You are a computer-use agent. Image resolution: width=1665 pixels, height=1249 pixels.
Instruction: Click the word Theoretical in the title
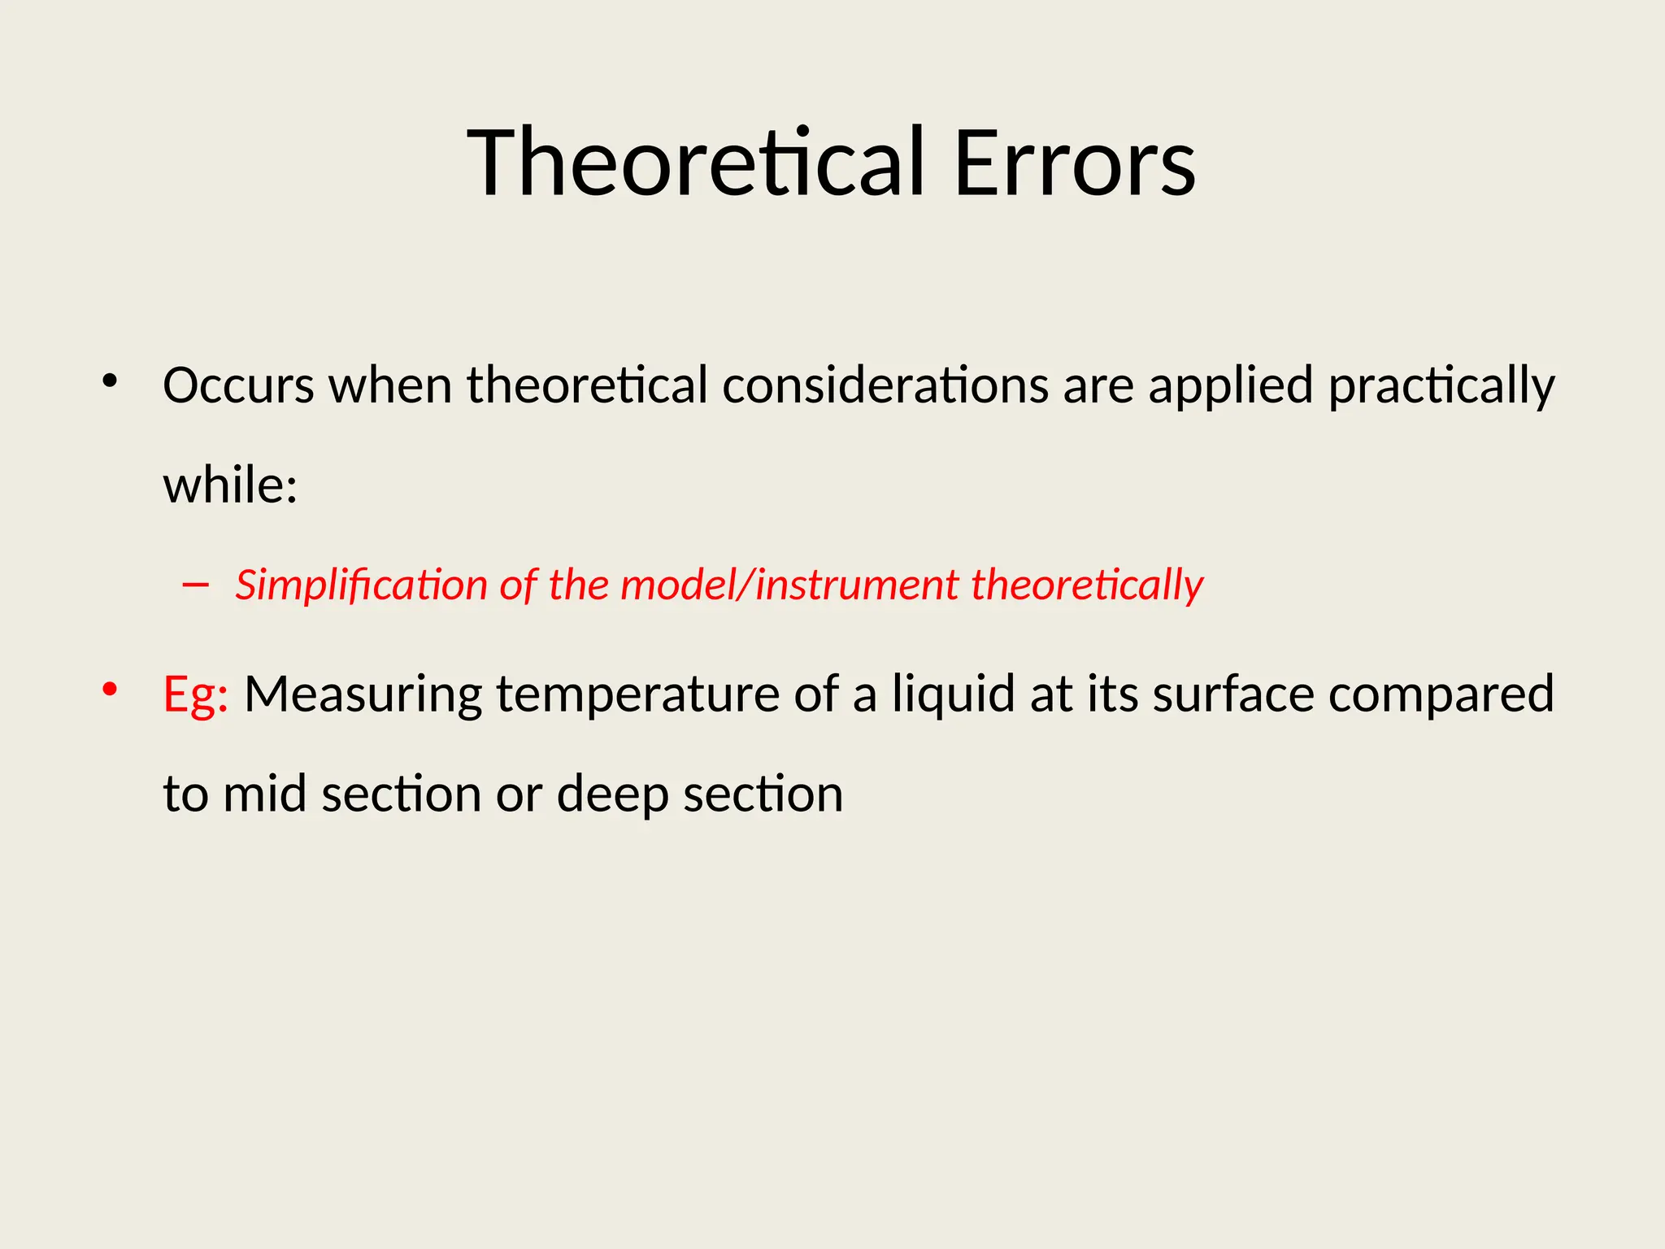[x=696, y=163]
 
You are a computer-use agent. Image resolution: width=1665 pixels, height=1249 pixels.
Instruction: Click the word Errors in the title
[x=1074, y=163]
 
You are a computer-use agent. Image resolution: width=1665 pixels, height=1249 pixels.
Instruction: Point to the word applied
[x=1231, y=386]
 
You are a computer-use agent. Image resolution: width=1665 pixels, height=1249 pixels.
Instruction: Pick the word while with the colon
[x=230, y=485]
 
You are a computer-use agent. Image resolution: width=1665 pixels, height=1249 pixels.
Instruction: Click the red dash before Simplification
[x=196, y=585]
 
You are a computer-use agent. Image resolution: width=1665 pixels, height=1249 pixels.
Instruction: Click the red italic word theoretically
[x=1087, y=585]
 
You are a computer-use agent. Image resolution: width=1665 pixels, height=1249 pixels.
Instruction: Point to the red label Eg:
[x=195, y=695]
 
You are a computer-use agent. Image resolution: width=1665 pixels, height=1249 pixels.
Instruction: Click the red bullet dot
[x=110, y=690]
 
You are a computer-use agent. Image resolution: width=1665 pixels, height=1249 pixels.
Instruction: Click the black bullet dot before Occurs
[x=110, y=381]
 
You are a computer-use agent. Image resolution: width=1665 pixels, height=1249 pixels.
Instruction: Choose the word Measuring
[x=363, y=695]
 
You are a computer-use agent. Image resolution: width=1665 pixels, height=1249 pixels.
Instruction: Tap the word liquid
[x=953, y=695]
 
